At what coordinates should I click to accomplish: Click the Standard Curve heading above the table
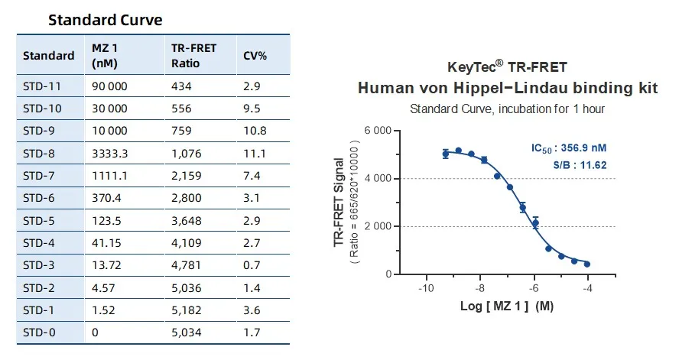point(105,20)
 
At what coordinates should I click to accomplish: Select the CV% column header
point(256,55)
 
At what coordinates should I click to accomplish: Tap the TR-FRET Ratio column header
point(193,55)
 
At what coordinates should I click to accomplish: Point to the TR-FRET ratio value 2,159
point(187,176)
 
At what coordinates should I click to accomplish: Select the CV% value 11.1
point(255,154)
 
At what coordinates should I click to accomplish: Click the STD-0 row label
point(39,332)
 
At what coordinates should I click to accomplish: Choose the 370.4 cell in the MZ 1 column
point(106,198)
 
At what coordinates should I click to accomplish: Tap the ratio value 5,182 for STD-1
point(187,310)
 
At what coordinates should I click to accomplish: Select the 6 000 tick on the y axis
point(378,131)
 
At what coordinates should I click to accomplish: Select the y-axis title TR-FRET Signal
point(336,203)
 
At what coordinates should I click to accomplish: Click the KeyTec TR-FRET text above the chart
point(507,67)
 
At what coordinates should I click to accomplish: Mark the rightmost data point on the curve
point(587,264)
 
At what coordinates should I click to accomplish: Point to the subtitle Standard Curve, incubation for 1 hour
point(507,109)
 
